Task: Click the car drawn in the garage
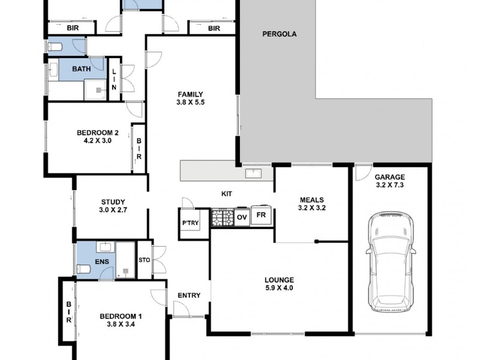tap(391, 262)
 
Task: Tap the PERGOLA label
tap(280, 34)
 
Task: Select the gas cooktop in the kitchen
tap(223, 217)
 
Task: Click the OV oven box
tap(242, 217)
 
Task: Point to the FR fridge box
tap(261, 215)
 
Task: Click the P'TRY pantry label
tap(190, 223)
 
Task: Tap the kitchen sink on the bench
tap(253, 173)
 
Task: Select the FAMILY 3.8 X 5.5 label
tap(190, 98)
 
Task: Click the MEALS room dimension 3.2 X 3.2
tap(311, 208)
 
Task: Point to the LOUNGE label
tap(279, 280)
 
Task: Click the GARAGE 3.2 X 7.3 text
tap(389, 181)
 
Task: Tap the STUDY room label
tap(113, 202)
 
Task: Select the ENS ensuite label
tap(102, 262)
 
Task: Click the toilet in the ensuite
tap(83, 269)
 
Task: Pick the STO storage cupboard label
tap(144, 260)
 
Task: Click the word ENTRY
tap(189, 295)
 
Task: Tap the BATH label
tap(82, 69)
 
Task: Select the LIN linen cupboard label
tap(114, 79)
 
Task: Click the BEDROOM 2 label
tap(98, 133)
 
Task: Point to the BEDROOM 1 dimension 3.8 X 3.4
tap(121, 324)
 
